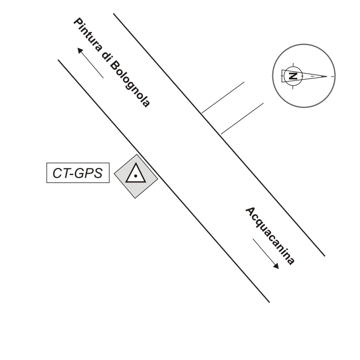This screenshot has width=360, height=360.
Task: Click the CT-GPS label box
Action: click(x=77, y=173)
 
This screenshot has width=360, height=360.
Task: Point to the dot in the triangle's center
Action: click(x=136, y=176)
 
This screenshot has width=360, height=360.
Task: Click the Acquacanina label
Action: click(x=270, y=235)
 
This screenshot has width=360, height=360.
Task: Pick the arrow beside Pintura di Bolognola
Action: click(x=90, y=63)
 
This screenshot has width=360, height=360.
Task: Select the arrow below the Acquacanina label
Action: click(x=266, y=254)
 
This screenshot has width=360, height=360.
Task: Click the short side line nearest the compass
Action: click(x=223, y=97)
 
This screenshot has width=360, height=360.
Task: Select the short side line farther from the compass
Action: click(x=242, y=118)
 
